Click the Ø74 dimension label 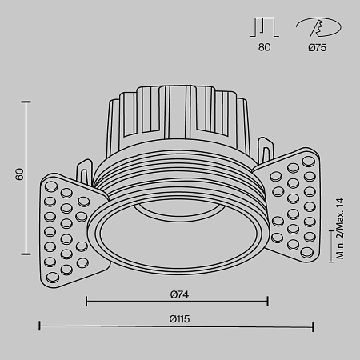pyautogui.click(x=178, y=293)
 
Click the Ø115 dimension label pyautogui.click(x=178, y=318)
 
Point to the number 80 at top pyautogui.click(x=266, y=47)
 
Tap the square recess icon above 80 pyautogui.click(x=266, y=27)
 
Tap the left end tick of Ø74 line pyautogui.click(x=86, y=302)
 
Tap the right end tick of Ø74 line pyautogui.click(x=268, y=302)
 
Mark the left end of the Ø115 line pyautogui.click(x=40, y=326)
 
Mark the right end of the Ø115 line pyautogui.click(x=314, y=326)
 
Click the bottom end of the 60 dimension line pyautogui.click(x=29, y=250)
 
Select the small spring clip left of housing pyautogui.click(x=84, y=171)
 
